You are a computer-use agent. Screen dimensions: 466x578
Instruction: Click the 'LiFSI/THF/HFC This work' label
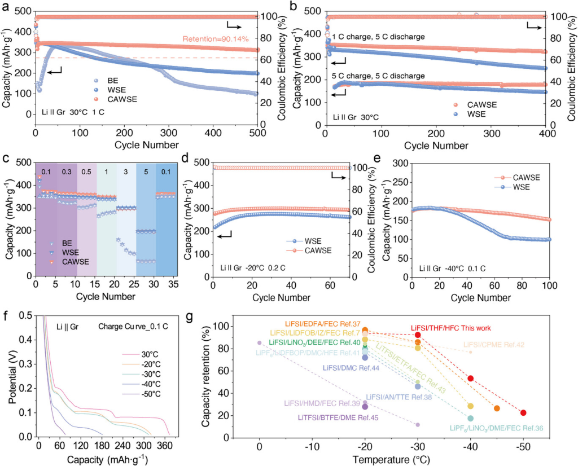pyautogui.click(x=450, y=328)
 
